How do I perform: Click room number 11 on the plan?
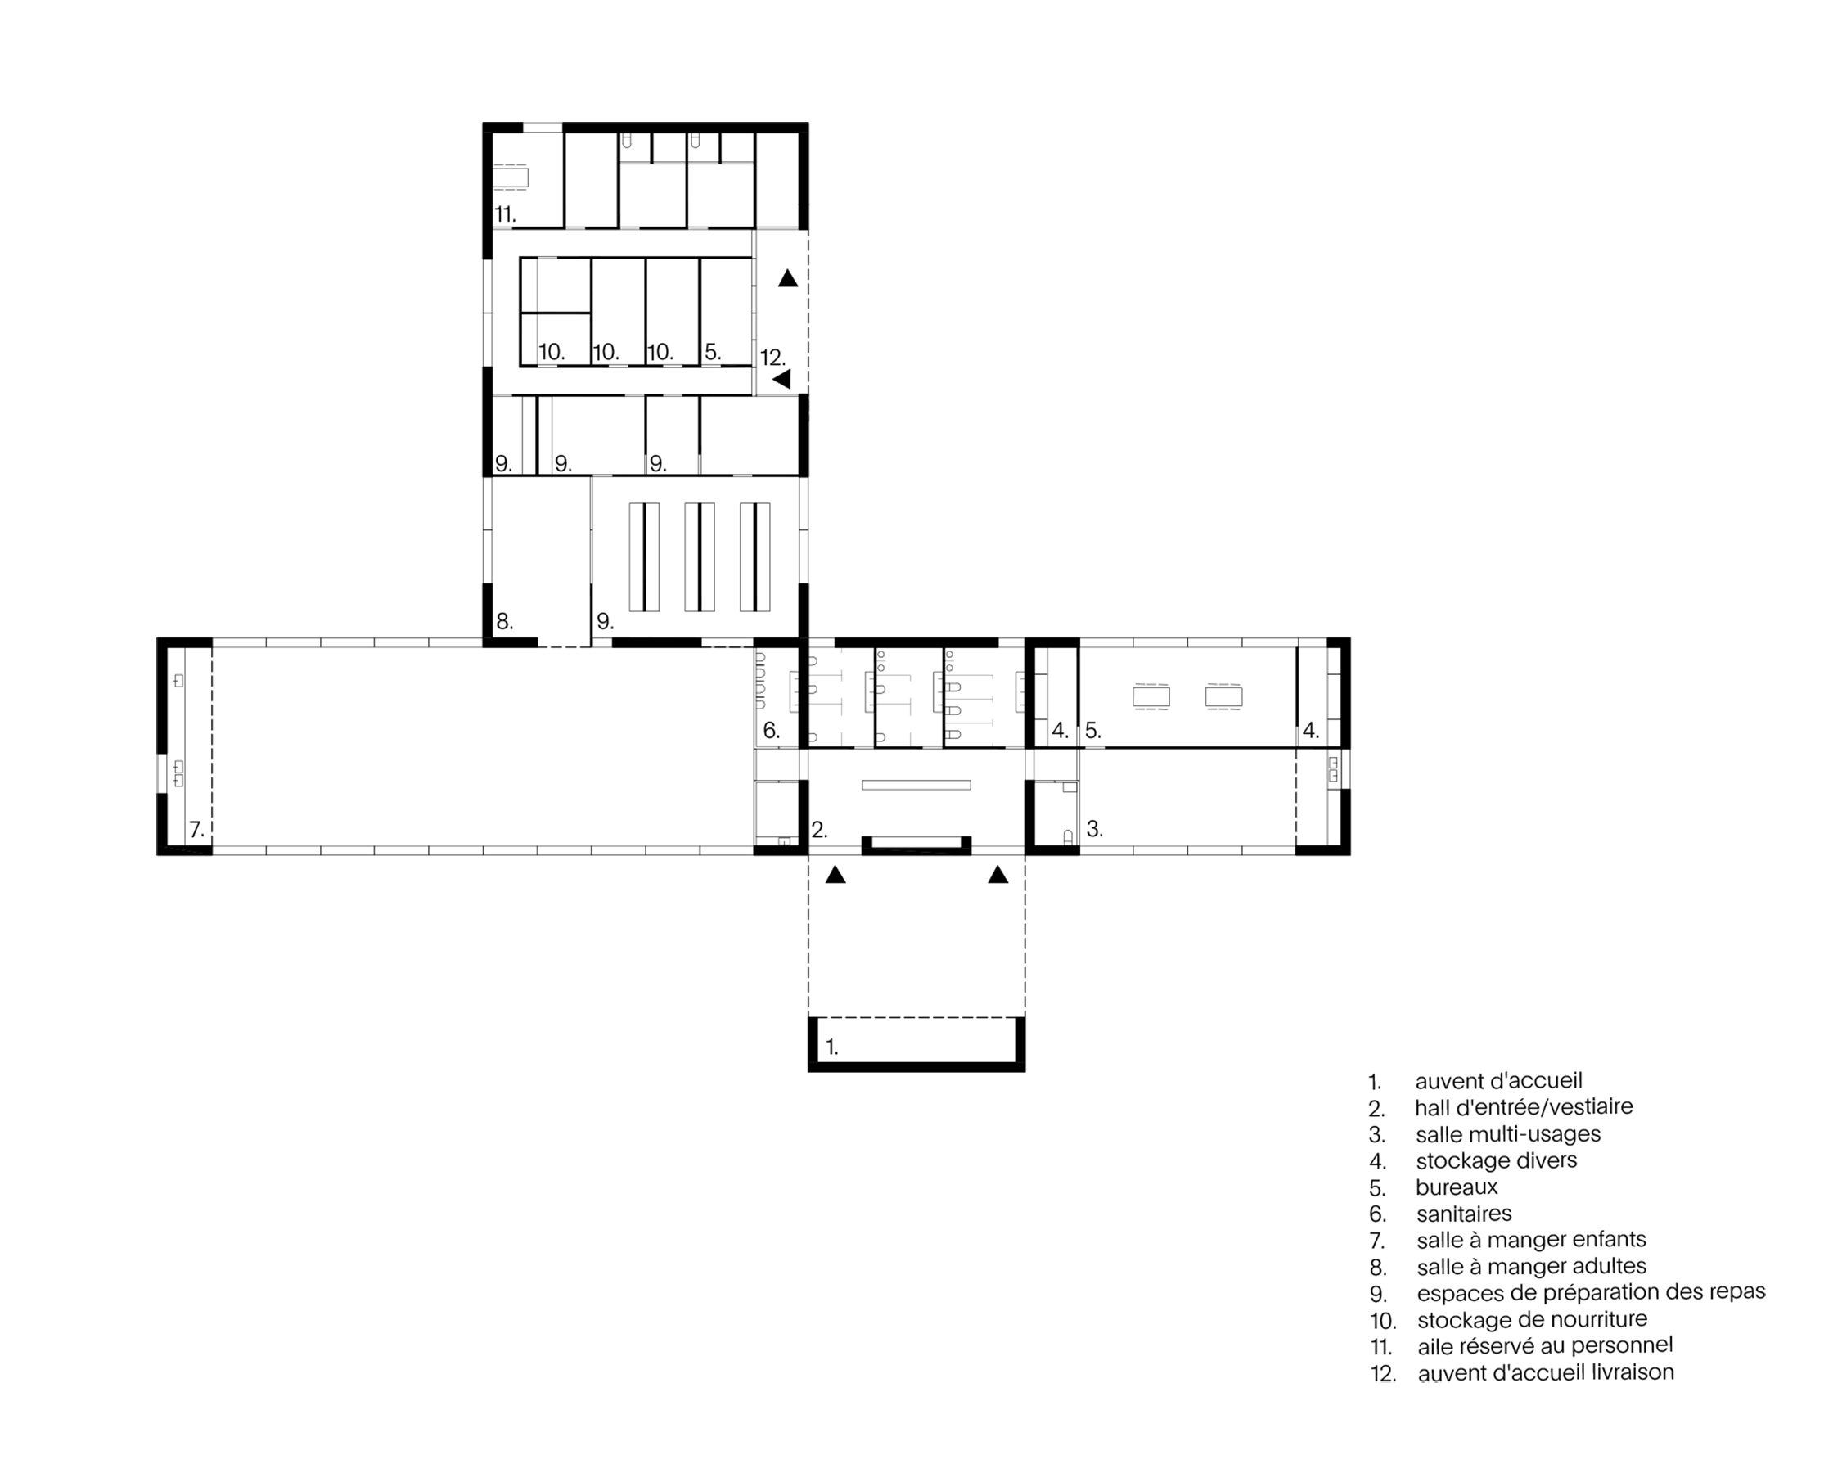point(505,214)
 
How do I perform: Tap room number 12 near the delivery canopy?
point(772,358)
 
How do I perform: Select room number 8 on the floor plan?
point(504,622)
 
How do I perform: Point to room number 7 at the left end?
point(196,830)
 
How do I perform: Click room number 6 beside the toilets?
point(771,731)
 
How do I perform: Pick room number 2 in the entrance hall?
point(818,830)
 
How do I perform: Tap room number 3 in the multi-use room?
point(1093,829)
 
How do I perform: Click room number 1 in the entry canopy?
point(831,1047)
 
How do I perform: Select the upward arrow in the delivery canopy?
point(788,278)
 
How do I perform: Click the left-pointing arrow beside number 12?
point(781,380)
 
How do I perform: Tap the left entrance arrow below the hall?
point(835,874)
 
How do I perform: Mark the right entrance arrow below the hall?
point(998,874)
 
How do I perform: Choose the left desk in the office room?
point(1151,697)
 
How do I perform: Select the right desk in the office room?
point(1223,697)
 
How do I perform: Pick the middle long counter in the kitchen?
point(700,557)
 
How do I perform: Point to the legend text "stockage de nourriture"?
point(1533,1320)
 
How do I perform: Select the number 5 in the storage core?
point(713,352)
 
